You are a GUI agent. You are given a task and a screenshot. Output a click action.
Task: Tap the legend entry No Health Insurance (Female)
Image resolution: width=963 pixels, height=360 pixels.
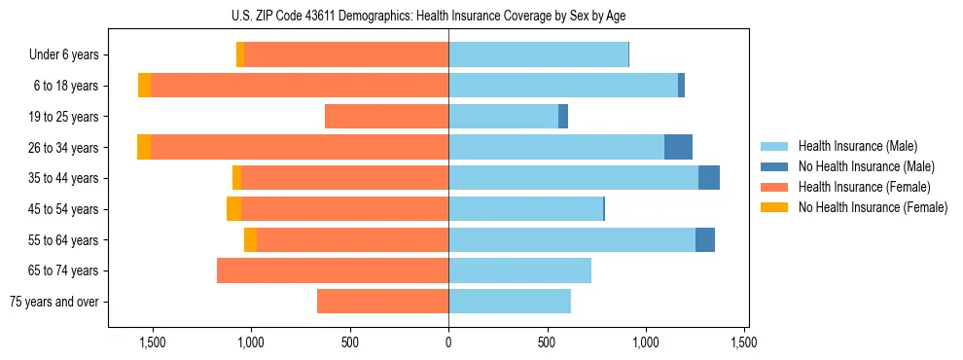873,207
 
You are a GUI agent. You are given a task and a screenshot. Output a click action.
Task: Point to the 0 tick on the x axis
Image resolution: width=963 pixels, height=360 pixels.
448,342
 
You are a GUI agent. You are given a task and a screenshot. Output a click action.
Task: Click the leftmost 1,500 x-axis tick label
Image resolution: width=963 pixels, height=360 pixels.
152,342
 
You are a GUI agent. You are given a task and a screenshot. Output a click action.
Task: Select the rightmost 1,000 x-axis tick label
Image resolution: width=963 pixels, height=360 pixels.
646,342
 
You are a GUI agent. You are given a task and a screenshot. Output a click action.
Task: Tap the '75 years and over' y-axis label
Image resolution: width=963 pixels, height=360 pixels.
54,302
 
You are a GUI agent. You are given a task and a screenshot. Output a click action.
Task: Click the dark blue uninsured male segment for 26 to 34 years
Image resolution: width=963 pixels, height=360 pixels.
678,147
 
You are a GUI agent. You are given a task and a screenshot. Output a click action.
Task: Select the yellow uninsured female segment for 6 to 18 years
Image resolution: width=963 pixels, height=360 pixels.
144,86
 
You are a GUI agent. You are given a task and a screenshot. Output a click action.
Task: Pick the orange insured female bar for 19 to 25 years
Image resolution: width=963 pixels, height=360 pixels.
386,117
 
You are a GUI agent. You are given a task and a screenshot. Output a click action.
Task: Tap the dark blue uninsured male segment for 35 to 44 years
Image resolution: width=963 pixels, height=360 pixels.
709,178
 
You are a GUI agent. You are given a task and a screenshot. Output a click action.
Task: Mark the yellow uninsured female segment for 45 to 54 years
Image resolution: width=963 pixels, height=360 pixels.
233,209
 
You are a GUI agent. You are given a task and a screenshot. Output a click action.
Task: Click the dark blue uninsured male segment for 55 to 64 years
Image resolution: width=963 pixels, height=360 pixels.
705,239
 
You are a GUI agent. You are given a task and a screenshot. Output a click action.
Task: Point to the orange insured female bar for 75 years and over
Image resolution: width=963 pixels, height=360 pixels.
382,302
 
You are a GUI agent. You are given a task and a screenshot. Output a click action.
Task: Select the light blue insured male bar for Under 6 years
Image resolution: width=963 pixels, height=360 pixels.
538,54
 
